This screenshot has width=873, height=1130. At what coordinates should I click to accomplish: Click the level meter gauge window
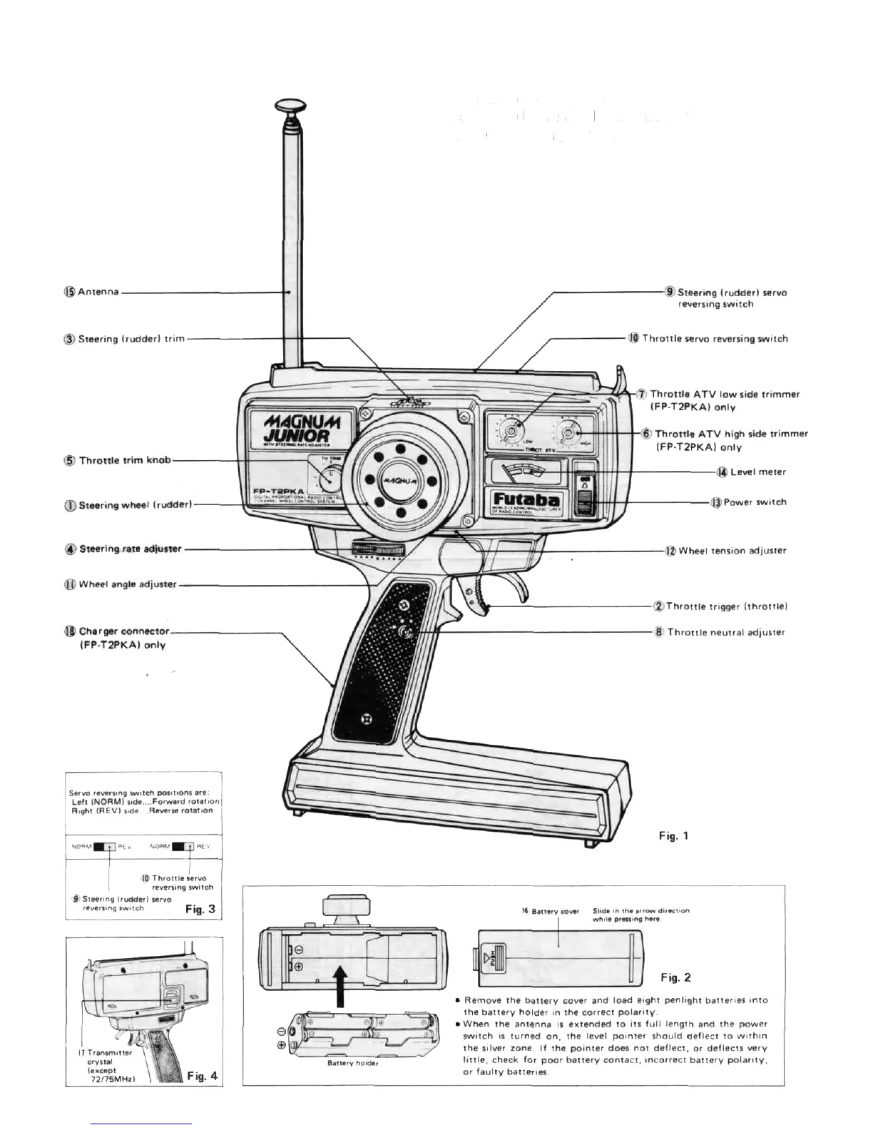click(x=526, y=471)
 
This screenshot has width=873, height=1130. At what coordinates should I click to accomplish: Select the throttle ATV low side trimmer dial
click(x=511, y=432)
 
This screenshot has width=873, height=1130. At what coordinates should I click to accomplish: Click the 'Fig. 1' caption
click(x=673, y=835)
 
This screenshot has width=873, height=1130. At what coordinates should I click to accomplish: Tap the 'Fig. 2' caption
click(x=675, y=977)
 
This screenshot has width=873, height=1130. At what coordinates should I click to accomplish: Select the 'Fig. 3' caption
click(x=200, y=909)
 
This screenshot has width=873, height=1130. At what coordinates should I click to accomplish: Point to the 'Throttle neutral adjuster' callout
click(x=725, y=632)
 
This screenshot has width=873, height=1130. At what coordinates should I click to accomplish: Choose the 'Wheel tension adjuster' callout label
click(x=732, y=551)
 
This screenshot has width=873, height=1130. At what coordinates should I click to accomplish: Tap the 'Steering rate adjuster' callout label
click(x=130, y=549)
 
